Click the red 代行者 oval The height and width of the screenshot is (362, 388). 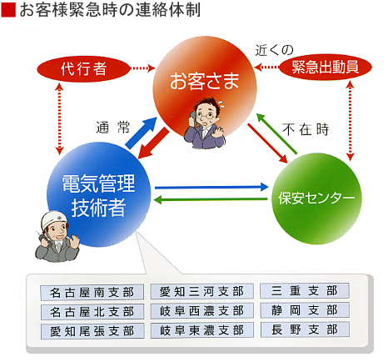83,68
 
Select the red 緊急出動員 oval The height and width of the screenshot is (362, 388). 325,68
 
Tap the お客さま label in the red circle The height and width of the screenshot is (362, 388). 205,81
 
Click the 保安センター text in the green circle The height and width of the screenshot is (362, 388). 316,198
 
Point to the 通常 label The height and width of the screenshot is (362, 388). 113,128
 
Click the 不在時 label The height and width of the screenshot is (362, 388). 306,129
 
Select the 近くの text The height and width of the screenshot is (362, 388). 274,50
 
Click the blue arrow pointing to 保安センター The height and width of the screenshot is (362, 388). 211,187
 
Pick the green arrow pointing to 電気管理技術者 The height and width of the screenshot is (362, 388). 210,199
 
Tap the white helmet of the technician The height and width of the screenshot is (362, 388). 54,219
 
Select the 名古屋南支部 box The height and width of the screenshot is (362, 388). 92,293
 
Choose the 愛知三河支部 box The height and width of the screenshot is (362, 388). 201,291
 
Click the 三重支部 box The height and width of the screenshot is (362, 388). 305,290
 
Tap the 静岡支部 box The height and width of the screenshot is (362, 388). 305,310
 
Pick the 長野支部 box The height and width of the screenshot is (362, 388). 305,329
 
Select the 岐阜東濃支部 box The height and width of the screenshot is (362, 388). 202,330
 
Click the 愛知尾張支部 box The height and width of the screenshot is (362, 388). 92,331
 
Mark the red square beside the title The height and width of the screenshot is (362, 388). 8,10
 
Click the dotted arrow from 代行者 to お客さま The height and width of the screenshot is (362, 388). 142,68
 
